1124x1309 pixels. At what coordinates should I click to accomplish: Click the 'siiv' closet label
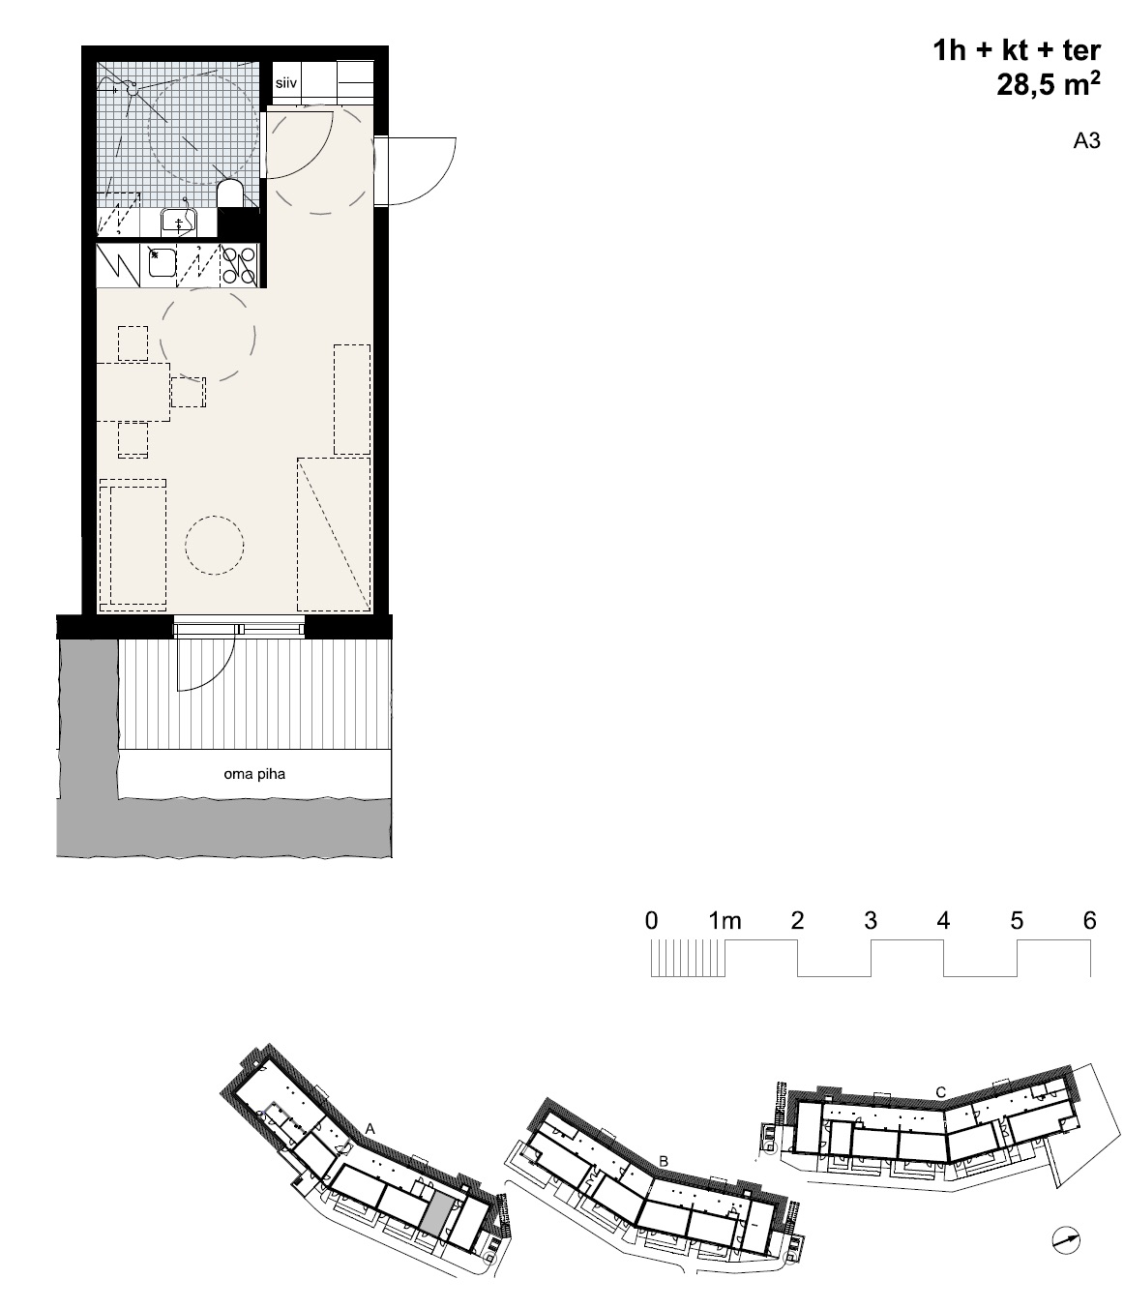pyautogui.click(x=285, y=83)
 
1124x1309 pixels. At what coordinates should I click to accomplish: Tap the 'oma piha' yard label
pyautogui.click(x=254, y=774)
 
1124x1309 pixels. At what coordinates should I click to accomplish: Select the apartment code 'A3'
pyautogui.click(x=1086, y=140)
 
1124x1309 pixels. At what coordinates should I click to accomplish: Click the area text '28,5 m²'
pyautogui.click(x=1049, y=84)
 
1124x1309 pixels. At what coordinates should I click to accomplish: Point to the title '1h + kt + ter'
pyautogui.click(x=1017, y=50)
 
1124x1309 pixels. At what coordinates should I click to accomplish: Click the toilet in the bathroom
pyautogui.click(x=229, y=193)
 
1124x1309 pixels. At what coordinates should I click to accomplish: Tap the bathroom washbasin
pyautogui.click(x=179, y=221)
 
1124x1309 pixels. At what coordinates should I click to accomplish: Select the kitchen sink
pyautogui.click(x=162, y=262)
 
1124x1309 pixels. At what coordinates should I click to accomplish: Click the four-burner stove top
pyautogui.click(x=239, y=266)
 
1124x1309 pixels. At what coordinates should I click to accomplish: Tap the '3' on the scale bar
pyautogui.click(x=870, y=920)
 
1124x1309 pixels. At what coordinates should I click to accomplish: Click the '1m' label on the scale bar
pyautogui.click(x=725, y=920)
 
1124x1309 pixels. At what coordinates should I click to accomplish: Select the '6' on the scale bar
pyautogui.click(x=1089, y=920)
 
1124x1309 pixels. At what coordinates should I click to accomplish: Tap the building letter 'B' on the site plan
pyautogui.click(x=664, y=1161)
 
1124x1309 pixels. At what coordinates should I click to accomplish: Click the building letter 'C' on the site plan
pyautogui.click(x=940, y=1091)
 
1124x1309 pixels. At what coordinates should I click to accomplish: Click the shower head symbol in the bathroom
pyautogui.click(x=133, y=89)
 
